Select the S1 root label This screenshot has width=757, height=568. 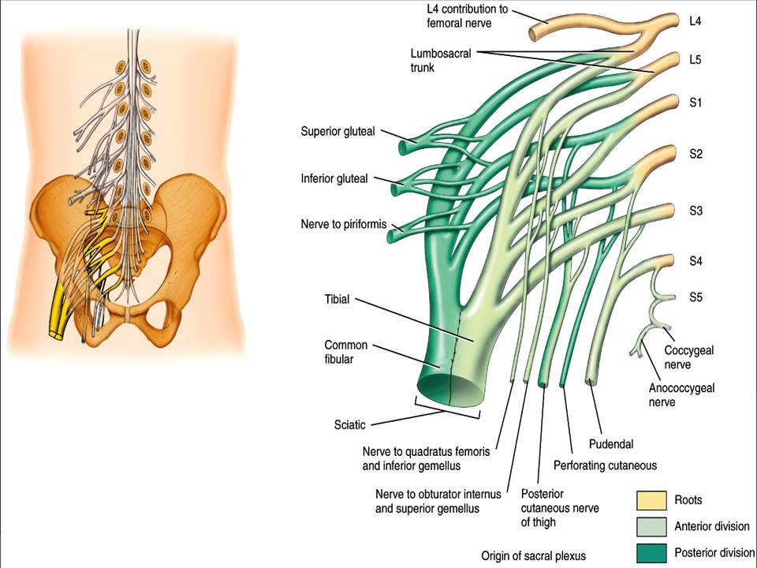point(695,103)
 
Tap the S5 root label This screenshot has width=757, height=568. point(695,297)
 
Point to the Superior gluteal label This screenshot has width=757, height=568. point(337,131)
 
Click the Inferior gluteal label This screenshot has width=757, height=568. point(334,178)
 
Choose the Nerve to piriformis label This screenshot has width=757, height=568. point(344,224)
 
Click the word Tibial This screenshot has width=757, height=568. point(337,300)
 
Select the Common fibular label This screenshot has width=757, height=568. point(345,353)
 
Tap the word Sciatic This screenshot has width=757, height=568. point(349,424)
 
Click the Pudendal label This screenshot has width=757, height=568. point(611,445)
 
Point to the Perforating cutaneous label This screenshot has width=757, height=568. point(605,465)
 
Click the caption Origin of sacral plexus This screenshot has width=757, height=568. point(534,555)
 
